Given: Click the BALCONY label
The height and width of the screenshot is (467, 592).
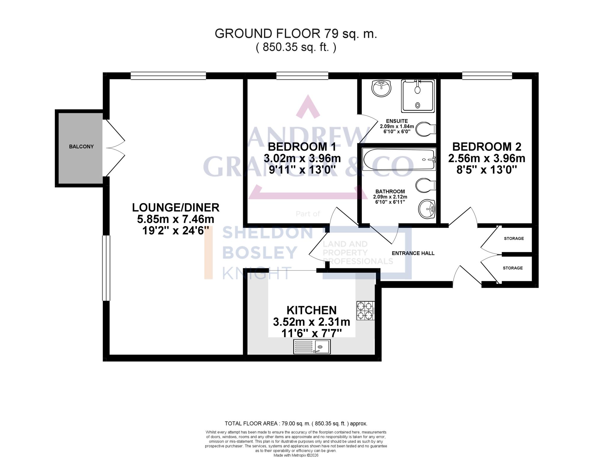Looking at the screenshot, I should [x=81, y=147].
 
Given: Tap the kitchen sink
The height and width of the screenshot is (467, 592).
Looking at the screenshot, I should [x=312, y=346].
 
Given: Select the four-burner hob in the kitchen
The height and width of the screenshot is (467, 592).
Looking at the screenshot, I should [x=365, y=310].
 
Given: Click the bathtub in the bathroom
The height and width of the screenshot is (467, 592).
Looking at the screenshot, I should [x=399, y=159].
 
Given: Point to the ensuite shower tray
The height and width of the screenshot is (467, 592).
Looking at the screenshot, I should [x=418, y=96].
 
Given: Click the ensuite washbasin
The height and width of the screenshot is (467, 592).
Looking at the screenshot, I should [x=381, y=88].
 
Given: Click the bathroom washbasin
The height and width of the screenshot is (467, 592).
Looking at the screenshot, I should [x=427, y=209].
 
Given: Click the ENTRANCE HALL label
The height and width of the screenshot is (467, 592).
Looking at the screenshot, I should [x=413, y=253].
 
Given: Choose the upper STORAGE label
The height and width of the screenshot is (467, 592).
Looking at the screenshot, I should [x=514, y=239].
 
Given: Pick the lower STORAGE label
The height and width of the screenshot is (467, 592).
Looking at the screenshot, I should [x=513, y=268].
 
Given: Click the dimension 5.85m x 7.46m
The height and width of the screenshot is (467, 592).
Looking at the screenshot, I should [x=176, y=219].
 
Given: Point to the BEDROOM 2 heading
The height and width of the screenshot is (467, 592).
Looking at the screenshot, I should [x=487, y=147].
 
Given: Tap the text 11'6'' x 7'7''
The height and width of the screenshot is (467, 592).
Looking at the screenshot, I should [x=311, y=333].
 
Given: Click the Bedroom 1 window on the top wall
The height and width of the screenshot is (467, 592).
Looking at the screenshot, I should [x=302, y=76].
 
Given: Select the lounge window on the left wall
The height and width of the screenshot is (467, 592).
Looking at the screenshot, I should [x=106, y=268].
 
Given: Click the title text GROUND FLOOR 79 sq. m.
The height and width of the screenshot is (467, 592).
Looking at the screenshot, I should [x=296, y=34].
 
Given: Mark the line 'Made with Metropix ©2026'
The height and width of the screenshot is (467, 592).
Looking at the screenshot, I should [x=296, y=455].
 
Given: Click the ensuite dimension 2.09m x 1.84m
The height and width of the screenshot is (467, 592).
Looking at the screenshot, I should [x=397, y=126].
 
